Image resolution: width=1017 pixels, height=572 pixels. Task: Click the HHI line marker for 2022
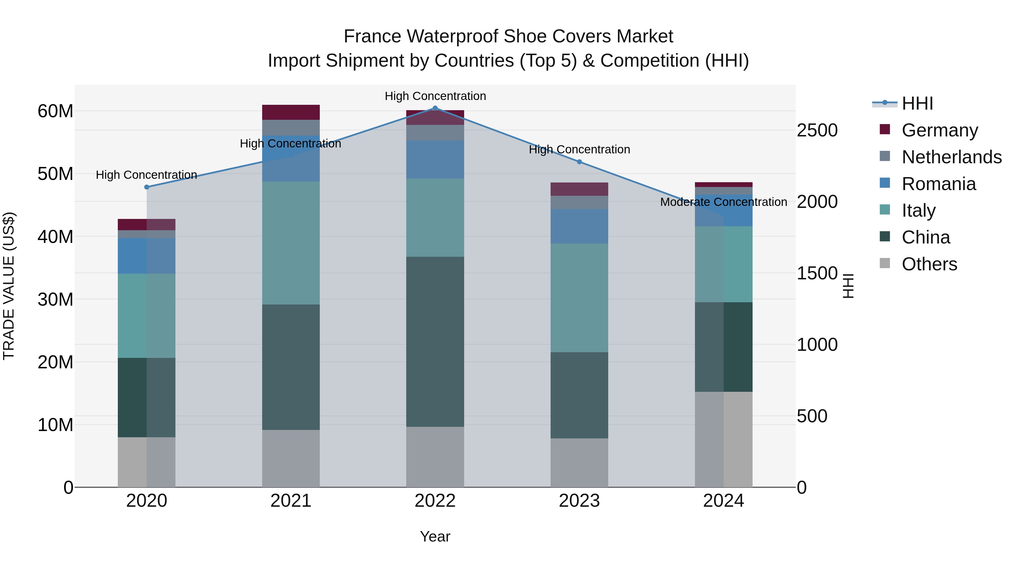tap(435, 108)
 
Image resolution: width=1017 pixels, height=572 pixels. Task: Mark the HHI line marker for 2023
tap(579, 162)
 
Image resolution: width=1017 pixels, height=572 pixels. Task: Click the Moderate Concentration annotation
tap(723, 202)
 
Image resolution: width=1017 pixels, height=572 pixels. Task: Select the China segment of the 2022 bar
tap(435, 342)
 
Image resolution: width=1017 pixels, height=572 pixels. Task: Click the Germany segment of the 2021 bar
tap(291, 112)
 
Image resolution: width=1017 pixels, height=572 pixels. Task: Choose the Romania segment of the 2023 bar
tap(579, 226)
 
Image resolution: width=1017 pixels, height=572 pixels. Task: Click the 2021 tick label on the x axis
tap(291, 501)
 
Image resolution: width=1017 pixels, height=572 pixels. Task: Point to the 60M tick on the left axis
tap(55, 111)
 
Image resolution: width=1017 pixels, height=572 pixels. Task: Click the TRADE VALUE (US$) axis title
tap(9, 286)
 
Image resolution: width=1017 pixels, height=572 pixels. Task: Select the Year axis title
tap(435, 536)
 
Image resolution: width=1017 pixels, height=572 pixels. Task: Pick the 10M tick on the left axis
tap(55, 425)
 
